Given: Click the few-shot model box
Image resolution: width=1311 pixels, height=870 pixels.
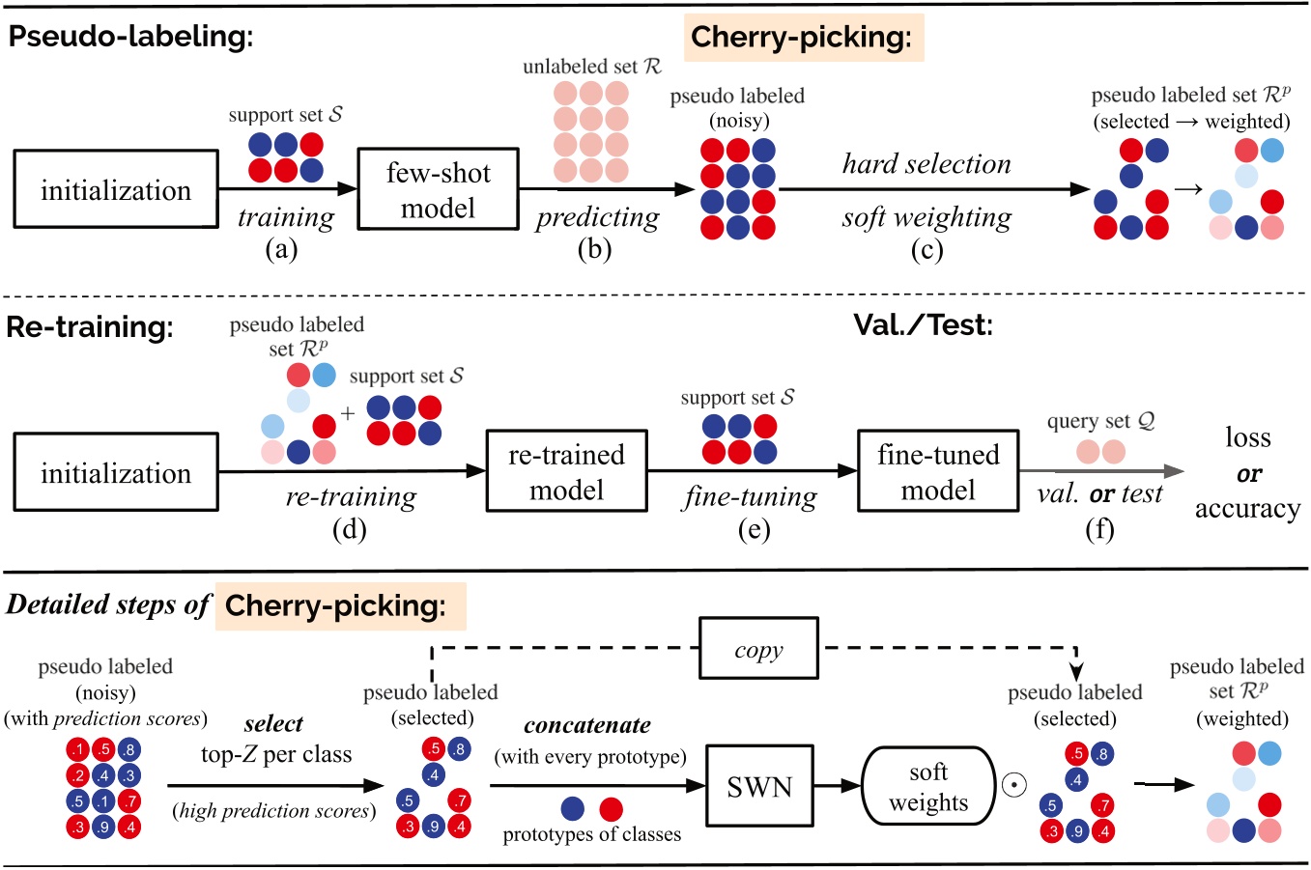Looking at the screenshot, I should (438, 189).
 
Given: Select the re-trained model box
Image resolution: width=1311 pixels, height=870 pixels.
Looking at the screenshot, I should (566, 471).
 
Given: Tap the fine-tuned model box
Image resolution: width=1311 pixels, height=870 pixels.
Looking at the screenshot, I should (937, 471).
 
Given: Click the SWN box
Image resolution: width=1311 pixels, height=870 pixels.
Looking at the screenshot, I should (759, 787).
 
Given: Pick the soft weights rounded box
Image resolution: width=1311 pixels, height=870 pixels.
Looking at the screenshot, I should (927, 787).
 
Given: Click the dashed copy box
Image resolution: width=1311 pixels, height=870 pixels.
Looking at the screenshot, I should (758, 650).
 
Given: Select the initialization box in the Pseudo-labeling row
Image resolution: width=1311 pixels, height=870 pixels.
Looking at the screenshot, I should (115, 190).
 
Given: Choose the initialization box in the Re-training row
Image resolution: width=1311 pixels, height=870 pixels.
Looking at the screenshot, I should (115, 473).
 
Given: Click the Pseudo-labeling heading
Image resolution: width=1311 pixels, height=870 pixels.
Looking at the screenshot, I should (130, 37).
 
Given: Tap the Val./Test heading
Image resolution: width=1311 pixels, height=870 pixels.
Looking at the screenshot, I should (923, 324).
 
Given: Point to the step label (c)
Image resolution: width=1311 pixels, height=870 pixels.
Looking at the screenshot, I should (926, 249).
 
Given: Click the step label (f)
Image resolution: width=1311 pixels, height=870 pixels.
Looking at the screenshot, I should (1099, 528).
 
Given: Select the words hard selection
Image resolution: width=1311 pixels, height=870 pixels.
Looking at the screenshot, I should (926, 164).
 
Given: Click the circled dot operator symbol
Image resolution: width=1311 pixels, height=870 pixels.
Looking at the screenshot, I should (1014, 785).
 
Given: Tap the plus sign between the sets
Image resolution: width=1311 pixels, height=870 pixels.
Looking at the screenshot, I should (348, 413).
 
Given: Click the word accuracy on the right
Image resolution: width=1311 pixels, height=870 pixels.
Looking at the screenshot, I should (1247, 509).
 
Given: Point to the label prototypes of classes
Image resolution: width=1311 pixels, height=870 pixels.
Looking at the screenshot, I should (591, 834).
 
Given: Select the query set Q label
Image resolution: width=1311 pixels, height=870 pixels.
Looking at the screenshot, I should (1100, 421).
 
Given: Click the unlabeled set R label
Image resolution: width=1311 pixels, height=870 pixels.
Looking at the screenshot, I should (591, 67).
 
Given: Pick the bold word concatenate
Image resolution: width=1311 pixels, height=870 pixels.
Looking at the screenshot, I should (586, 725).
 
